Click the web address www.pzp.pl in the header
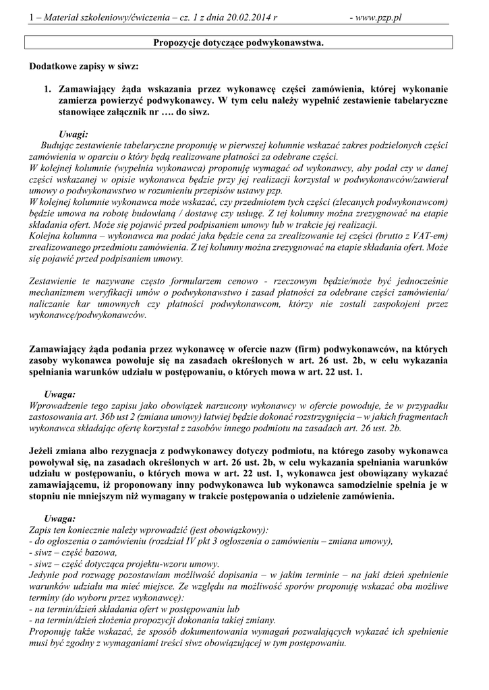[x=376, y=17]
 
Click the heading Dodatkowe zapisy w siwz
[x=85, y=67]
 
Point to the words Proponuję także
[x=64, y=633]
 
